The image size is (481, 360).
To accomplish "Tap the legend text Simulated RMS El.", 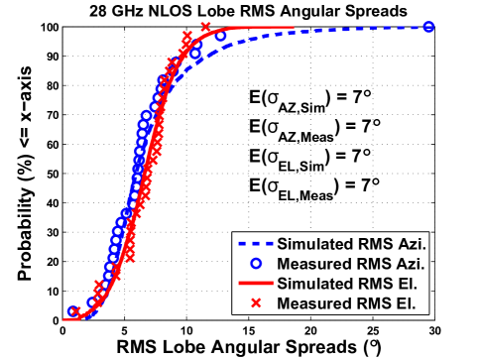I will (344, 284).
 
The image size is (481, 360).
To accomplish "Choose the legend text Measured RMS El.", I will (345, 302).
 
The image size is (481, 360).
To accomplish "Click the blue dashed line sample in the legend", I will (255, 244).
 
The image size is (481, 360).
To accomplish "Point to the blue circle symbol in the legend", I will (255, 264).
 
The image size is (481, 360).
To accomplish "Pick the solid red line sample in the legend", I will (255, 284).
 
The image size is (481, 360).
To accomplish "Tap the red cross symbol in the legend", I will (255, 302).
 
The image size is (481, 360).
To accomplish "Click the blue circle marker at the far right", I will (428, 27).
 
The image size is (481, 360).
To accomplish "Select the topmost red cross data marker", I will (205, 28).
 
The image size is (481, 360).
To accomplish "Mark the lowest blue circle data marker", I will (72, 311).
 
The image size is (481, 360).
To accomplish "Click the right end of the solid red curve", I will (294, 28).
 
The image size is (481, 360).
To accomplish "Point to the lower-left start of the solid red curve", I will (78, 319).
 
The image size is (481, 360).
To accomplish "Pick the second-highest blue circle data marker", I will (220, 37).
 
